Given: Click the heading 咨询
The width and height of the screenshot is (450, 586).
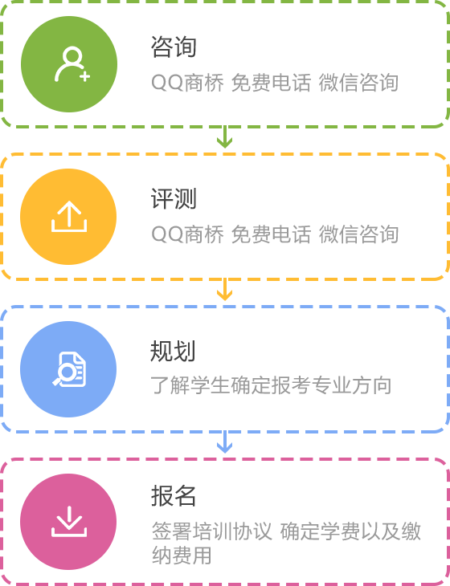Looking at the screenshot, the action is click(x=174, y=47).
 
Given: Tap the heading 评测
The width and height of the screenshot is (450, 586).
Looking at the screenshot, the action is click(x=174, y=199).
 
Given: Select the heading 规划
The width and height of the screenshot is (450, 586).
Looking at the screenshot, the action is click(x=173, y=351).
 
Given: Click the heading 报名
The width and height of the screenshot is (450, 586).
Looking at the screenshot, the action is click(x=174, y=496).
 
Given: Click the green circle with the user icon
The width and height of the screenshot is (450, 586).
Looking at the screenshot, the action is click(x=69, y=64).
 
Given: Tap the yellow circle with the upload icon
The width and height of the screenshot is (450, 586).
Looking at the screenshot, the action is click(x=68, y=217).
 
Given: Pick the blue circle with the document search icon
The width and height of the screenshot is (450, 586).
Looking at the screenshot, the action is click(x=68, y=369).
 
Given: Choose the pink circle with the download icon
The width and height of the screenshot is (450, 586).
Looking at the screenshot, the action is click(x=68, y=522).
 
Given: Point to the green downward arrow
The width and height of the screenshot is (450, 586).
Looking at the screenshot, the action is click(x=224, y=136).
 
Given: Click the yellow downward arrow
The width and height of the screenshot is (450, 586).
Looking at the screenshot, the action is click(x=224, y=289).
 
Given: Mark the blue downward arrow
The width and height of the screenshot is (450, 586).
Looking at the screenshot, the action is click(x=224, y=442).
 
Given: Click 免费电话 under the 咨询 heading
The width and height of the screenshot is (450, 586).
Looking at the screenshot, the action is click(x=271, y=83).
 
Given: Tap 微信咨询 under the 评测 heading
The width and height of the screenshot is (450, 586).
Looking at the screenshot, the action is click(x=358, y=234).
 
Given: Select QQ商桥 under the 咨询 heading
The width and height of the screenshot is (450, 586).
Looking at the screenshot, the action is click(x=188, y=83).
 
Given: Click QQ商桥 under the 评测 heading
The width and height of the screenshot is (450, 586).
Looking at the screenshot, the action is click(x=188, y=234).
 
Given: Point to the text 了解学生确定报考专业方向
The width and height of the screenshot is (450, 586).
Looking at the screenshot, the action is click(x=271, y=385).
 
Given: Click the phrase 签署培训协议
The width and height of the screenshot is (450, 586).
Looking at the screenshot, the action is click(x=211, y=531).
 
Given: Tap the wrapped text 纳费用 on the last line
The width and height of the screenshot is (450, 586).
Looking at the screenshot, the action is click(x=182, y=555).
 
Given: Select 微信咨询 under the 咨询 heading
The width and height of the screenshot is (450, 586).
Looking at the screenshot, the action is click(x=358, y=83).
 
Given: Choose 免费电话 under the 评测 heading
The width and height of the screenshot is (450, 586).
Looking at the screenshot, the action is click(x=271, y=234).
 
